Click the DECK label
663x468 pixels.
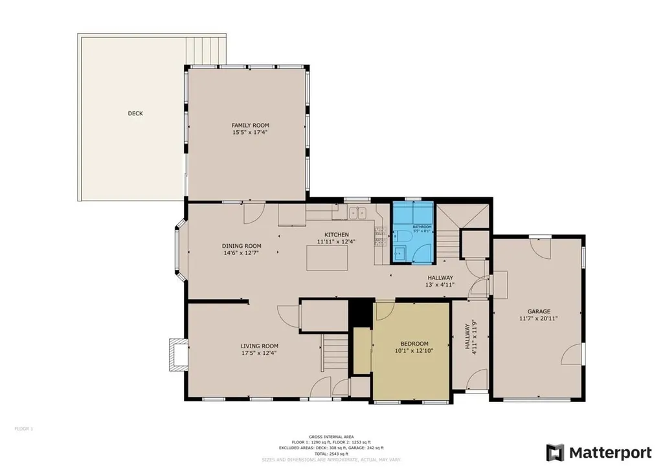[135, 113]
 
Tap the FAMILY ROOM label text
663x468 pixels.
[250, 125]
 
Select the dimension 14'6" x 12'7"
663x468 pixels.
[242, 253]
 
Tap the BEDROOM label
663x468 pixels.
[413, 344]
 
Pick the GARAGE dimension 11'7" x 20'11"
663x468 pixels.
[538, 318]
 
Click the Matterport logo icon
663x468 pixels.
[555, 452]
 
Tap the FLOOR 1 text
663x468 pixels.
[23, 429]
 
